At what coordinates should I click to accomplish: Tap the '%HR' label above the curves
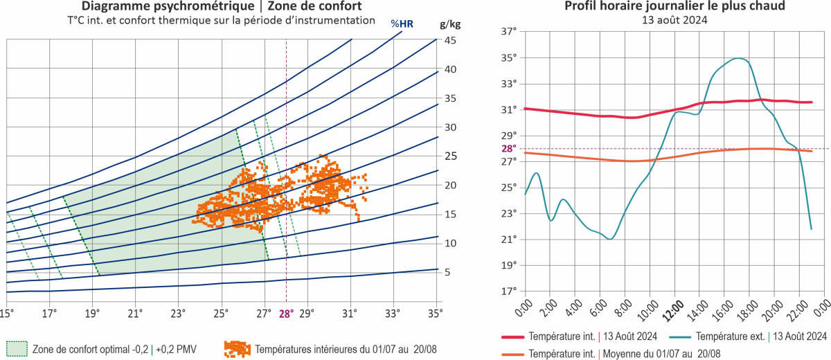coord(402,24)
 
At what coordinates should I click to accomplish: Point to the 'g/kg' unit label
coord(450,24)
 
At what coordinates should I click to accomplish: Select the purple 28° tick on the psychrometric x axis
coord(287,314)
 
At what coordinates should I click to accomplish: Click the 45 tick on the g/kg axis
coord(449,40)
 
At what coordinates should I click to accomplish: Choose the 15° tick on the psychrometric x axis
coord(7,314)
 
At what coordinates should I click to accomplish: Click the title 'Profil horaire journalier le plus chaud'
coord(665,7)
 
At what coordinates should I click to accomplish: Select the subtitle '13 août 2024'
coord(665,20)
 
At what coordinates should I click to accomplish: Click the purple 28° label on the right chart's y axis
coord(509,148)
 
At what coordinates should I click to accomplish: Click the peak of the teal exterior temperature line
coord(740,59)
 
